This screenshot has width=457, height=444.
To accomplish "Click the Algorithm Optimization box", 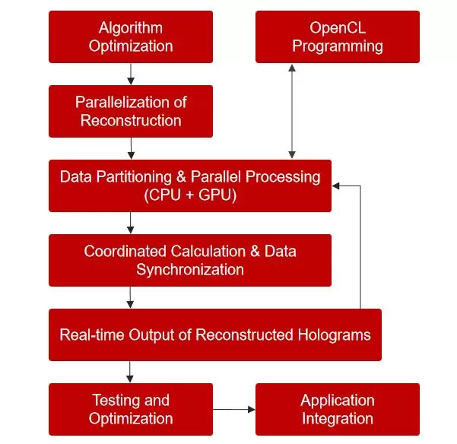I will pyautogui.click(x=131, y=36).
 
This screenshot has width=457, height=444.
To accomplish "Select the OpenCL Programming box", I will pyautogui.click(x=337, y=36).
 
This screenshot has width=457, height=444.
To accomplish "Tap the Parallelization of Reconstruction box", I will pyautogui.click(x=131, y=111).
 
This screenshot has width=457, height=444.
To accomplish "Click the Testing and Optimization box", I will pyautogui.click(x=131, y=409).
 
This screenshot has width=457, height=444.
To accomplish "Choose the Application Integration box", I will pyautogui.click(x=337, y=409).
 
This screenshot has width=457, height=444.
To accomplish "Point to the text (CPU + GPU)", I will pyautogui.click(x=190, y=195).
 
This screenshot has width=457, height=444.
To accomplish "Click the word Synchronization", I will pyautogui.click(x=190, y=269).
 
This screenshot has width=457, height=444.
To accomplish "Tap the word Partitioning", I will pyautogui.click(x=132, y=177).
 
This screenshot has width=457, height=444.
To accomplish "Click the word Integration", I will pyautogui.click(x=337, y=418).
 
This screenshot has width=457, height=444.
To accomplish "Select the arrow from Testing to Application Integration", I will pyautogui.click(x=233, y=410).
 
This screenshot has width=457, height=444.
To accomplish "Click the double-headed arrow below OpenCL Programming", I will pyautogui.click(x=291, y=111).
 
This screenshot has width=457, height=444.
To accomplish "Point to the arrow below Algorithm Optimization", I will pyautogui.click(x=131, y=74).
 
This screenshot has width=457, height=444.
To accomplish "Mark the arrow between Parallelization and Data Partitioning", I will pyautogui.click(x=131, y=148).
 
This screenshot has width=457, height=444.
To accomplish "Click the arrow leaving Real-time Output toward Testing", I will pyautogui.click(x=131, y=372).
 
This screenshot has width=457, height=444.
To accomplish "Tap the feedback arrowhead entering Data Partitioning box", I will pyautogui.click(x=338, y=185).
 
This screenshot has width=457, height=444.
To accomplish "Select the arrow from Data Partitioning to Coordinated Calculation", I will pyautogui.click(x=131, y=223).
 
